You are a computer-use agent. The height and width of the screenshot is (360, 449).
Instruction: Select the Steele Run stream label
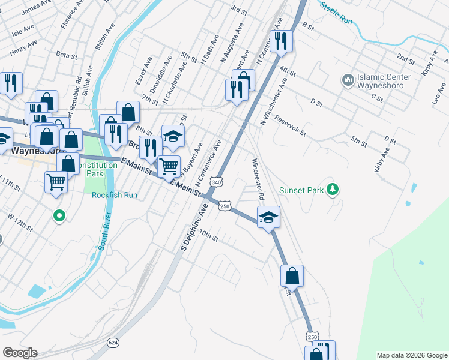click(x=336, y=11)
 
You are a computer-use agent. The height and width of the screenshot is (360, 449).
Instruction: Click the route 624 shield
click(x=112, y=342)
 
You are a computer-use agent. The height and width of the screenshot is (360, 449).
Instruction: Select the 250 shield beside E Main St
click(x=224, y=206)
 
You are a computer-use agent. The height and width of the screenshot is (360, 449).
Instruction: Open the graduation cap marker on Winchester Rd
click(x=268, y=217)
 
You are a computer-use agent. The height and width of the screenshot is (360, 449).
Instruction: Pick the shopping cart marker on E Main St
click(x=169, y=166)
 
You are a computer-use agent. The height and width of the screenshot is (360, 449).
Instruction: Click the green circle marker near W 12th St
click(x=59, y=215)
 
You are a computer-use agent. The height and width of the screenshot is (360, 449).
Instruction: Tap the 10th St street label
click(x=209, y=235)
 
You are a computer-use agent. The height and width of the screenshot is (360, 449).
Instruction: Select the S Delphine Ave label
click(x=194, y=226)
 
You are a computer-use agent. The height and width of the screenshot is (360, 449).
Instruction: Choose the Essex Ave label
click(x=143, y=70)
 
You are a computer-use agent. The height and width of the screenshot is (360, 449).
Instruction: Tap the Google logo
click(x=20, y=353)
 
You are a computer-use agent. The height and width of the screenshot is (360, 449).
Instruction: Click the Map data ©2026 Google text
click(x=411, y=355)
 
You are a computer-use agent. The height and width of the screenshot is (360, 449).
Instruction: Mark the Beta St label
click(x=63, y=54)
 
